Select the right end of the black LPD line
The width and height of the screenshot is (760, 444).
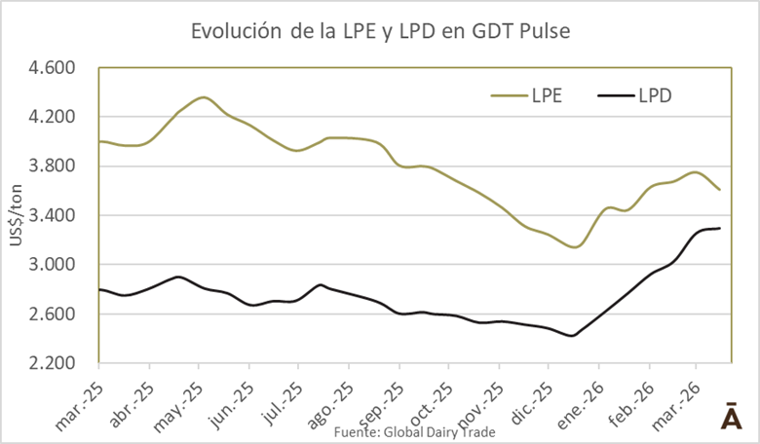720,228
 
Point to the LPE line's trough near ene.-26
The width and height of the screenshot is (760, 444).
575,247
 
